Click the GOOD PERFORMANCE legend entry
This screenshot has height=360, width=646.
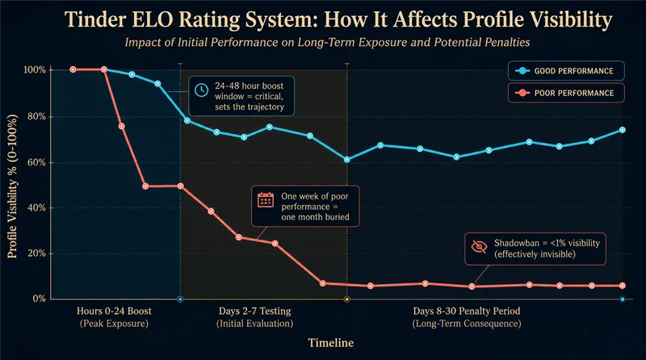566,71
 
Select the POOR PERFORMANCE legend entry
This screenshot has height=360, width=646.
566,93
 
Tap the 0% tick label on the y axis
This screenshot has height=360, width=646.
39,299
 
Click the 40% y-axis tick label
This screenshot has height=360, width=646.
36,208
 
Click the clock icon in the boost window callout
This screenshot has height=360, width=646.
201,90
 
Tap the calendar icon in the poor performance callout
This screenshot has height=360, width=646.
266,199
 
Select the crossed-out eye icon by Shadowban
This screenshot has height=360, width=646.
479,247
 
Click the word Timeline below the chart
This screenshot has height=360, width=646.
331,343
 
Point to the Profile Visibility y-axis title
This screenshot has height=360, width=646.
12,186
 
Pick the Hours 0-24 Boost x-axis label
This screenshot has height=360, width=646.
114,311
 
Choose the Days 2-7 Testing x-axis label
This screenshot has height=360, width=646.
254,311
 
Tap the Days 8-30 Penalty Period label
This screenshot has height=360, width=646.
467,311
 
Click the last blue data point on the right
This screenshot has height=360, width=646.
622,130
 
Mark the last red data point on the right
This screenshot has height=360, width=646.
622,286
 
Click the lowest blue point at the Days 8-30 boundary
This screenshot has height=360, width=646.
347,159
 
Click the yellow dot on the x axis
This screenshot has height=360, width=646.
347,299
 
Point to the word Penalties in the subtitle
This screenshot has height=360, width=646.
508,43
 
